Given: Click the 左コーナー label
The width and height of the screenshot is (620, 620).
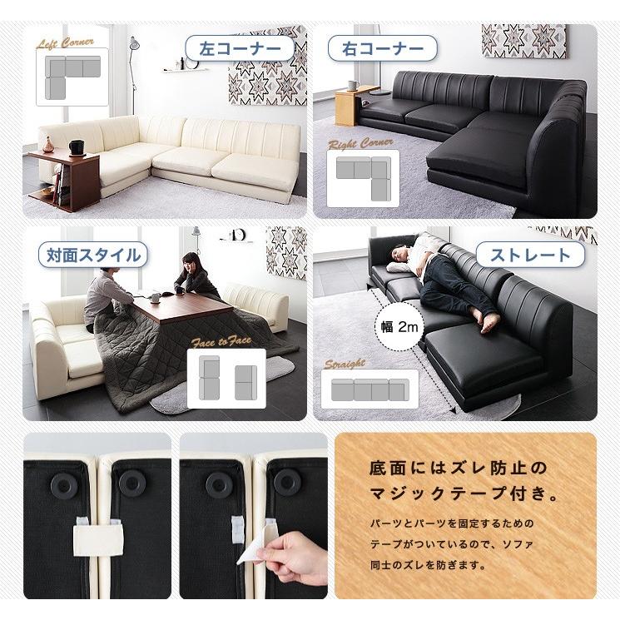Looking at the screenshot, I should [239, 48].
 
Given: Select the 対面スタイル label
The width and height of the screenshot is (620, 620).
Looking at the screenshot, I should [89, 255].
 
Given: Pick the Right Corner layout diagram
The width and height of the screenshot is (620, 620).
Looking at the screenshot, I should [363, 177].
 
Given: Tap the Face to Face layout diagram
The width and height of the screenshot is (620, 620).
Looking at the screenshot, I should [226, 379].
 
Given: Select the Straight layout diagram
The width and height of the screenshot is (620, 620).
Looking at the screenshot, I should [364, 389].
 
